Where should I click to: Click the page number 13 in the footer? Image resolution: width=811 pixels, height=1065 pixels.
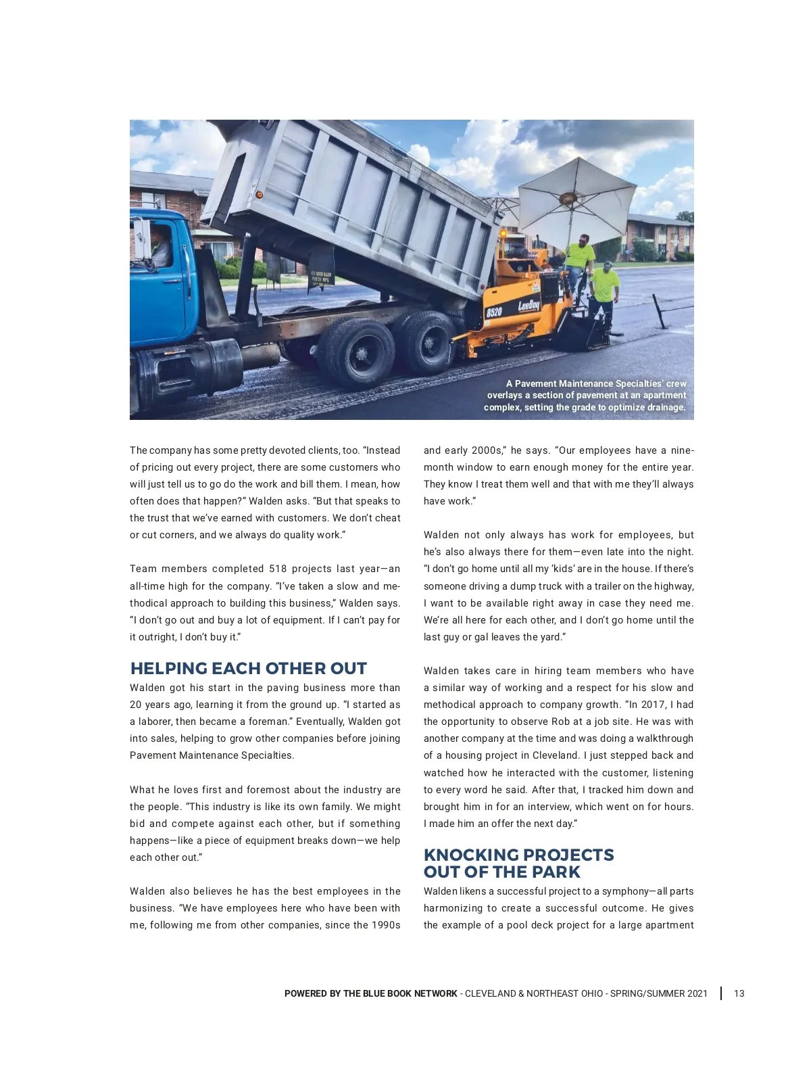[739, 993]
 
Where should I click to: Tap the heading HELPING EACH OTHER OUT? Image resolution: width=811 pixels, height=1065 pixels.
[248, 669]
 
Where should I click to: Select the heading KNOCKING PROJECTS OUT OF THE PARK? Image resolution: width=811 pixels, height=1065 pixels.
[518, 863]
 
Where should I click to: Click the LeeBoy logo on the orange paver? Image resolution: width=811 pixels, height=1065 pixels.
[529, 306]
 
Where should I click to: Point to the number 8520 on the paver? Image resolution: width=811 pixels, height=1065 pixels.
[495, 312]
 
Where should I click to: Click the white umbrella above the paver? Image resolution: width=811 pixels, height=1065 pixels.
[576, 198]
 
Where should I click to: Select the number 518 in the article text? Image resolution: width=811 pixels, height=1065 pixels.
[278, 569]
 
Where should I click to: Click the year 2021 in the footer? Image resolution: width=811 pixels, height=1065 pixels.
[697, 993]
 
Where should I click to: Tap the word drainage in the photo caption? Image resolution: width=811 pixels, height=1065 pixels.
[665, 407]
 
